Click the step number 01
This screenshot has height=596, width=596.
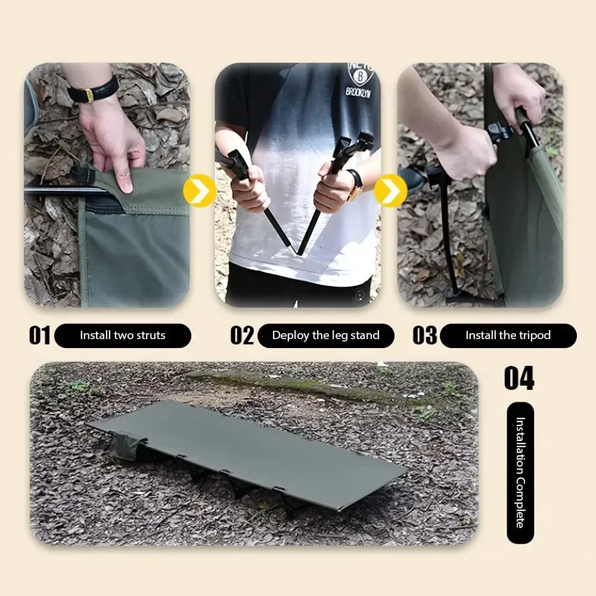pyautogui.click(x=40, y=335)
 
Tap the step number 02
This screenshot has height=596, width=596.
pyautogui.click(x=242, y=335)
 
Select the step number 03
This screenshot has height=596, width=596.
pyautogui.click(x=424, y=335)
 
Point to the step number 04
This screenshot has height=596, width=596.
pyautogui.click(x=519, y=378)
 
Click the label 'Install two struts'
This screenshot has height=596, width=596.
pyautogui.click(x=123, y=336)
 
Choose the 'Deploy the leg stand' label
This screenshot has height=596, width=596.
pyautogui.click(x=325, y=336)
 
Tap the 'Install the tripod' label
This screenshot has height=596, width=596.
pyautogui.click(x=508, y=336)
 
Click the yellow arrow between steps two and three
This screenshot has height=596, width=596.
pyautogui.click(x=391, y=191)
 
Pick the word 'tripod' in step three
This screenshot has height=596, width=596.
pyautogui.click(x=534, y=336)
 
